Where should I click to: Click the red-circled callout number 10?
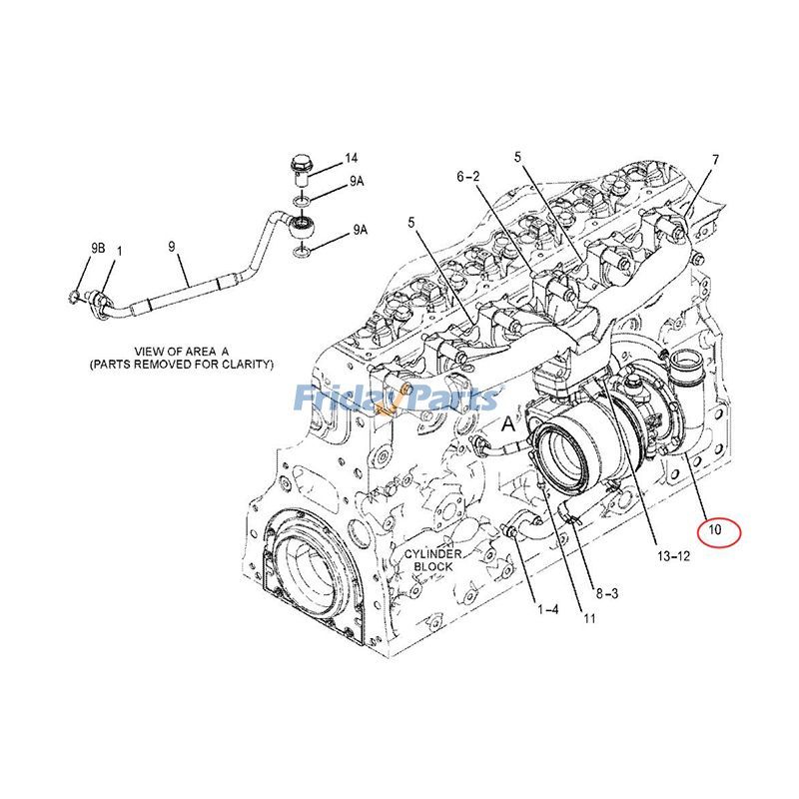point(715,529)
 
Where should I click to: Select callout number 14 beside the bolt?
point(352,159)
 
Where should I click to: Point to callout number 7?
point(715,160)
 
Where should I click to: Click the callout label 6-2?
point(469,177)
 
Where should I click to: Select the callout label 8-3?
point(605,593)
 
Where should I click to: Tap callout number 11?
point(589,619)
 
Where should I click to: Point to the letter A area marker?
point(507,423)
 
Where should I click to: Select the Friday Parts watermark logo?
point(397,399)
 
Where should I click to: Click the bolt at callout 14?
point(301,170)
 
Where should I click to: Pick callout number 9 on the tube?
point(171,245)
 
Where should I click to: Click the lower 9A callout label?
point(360,231)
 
